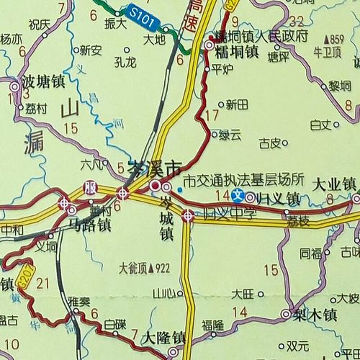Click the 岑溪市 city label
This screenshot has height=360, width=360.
tap(153, 169)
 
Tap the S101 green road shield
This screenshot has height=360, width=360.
tap(143, 12)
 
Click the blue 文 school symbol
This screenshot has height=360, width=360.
tap(237, 195)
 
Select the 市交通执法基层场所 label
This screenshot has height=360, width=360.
tap(243, 180)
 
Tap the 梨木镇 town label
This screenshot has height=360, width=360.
tap(318, 315)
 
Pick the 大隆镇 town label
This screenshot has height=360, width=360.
tap(164, 337)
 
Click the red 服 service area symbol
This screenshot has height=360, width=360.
tap(90, 186)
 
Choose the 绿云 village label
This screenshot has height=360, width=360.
tap(230, 134)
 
